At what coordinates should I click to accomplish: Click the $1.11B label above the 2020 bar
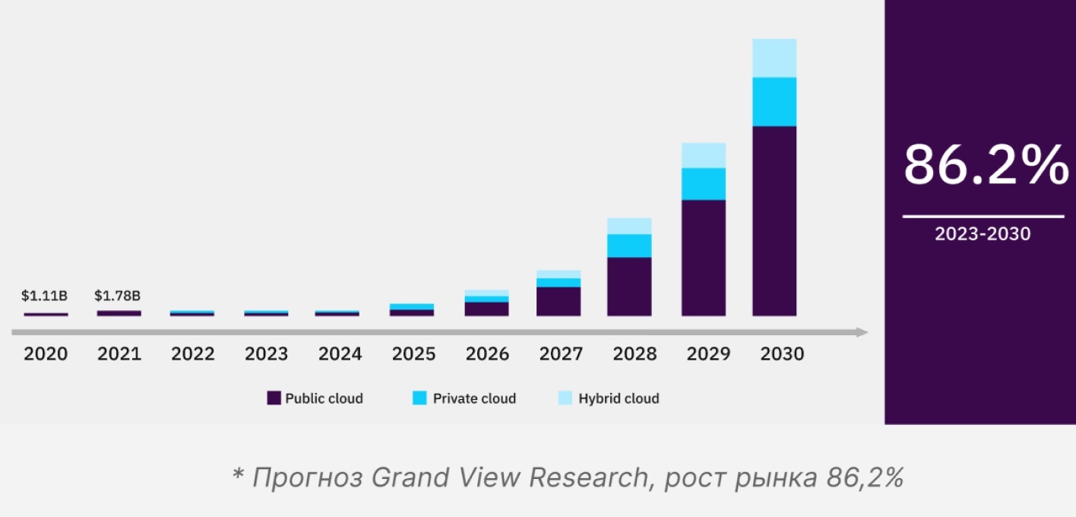tap(45, 296)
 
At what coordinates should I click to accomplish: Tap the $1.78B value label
tap(118, 296)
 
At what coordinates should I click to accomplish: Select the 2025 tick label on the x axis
tap(414, 354)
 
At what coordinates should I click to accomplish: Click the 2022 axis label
tap(193, 354)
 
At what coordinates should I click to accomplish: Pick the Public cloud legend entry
tap(315, 398)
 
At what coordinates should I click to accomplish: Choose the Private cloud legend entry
tap(463, 398)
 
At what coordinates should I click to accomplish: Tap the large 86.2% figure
tap(986, 167)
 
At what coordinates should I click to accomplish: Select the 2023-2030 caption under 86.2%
tap(983, 234)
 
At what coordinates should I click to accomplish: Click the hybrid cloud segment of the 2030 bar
tap(774, 58)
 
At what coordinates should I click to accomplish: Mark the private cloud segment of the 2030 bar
tap(774, 102)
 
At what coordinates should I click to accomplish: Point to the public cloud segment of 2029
tap(704, 258)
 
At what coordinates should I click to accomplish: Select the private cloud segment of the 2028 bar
tap(629, 246)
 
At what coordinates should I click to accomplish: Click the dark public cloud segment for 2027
tap(559, 301)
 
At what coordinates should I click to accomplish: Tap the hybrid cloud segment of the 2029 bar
tap(704, 155)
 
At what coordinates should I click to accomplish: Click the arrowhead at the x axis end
tap(862, 332)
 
